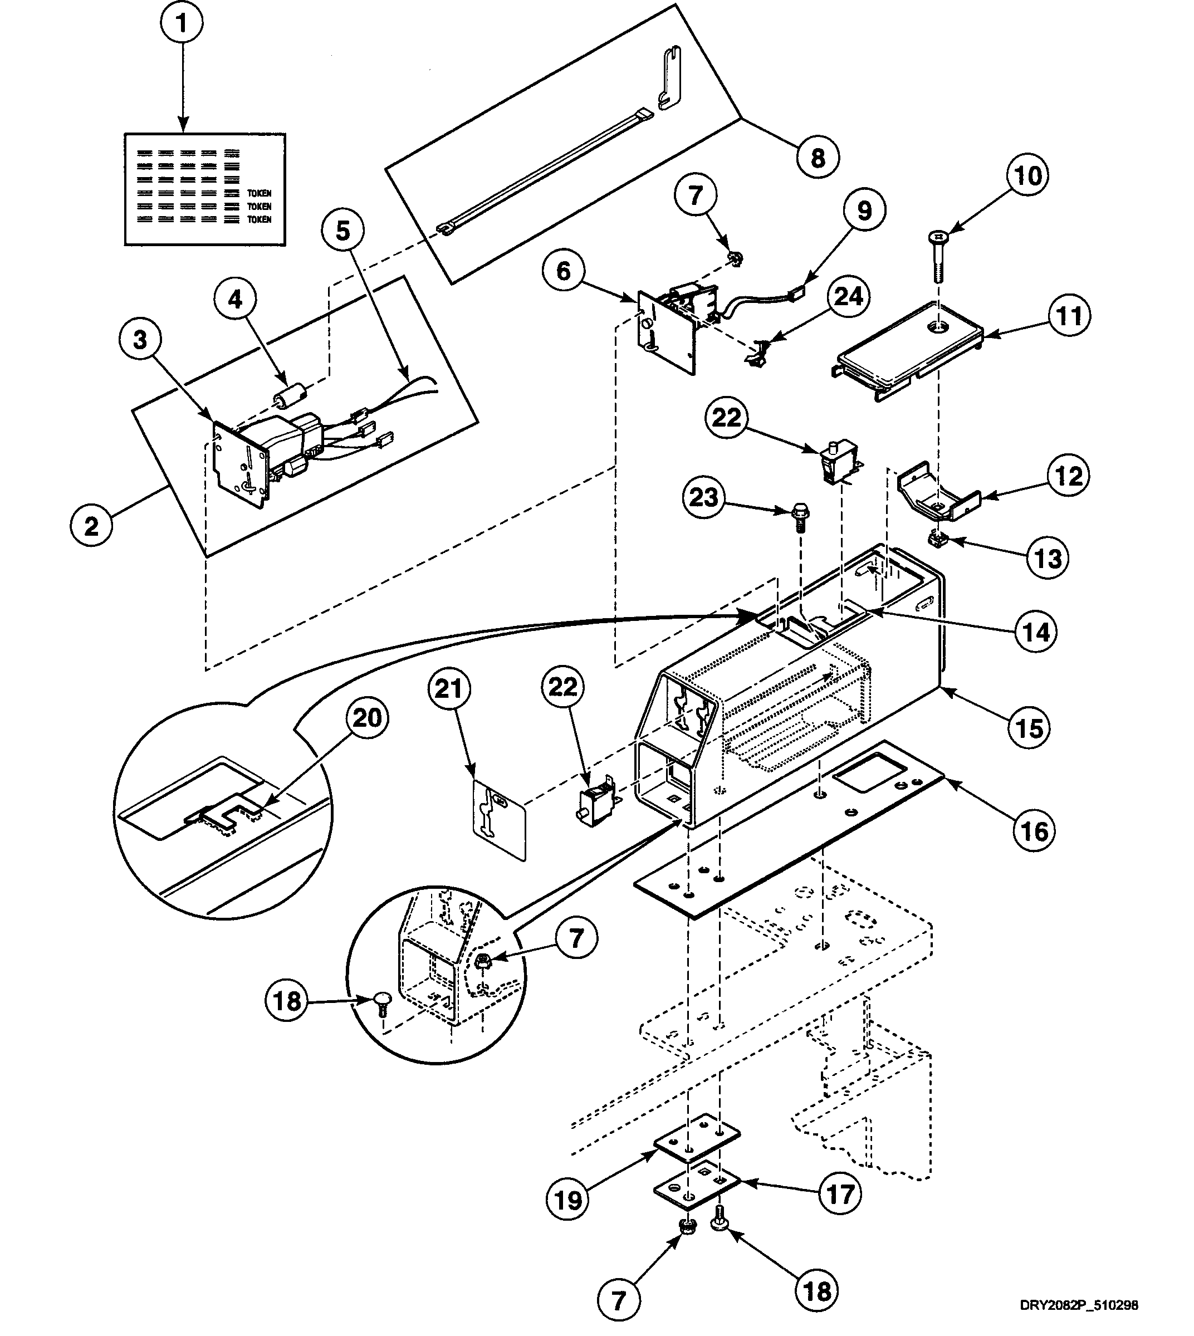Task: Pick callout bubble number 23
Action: pyautogui.click(x=703, y=497)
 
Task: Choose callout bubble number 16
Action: pyautogui.click(x=1034, y=831)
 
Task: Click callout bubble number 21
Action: pyautogui.click(x=449, y=689)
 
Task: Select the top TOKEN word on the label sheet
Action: pyautogui.click(x=259, y=193)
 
